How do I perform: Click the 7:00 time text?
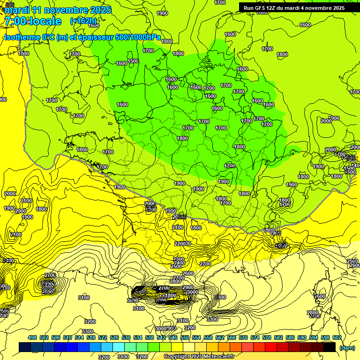[15, 21]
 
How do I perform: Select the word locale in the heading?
[45, 21]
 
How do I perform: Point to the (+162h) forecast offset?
[83, 21]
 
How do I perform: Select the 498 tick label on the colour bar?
[32, 337]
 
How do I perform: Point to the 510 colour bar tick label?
[67, 337]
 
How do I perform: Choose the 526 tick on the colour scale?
[114, 337]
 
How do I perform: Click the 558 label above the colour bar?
[208, 337]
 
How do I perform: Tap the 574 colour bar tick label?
[255, 337]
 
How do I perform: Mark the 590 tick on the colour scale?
[302, 337]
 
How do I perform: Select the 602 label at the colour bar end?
[337, 337]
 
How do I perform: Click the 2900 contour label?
[188, 287]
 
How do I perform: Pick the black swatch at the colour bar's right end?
[330, 347]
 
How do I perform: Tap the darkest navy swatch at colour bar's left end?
[25, 347]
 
